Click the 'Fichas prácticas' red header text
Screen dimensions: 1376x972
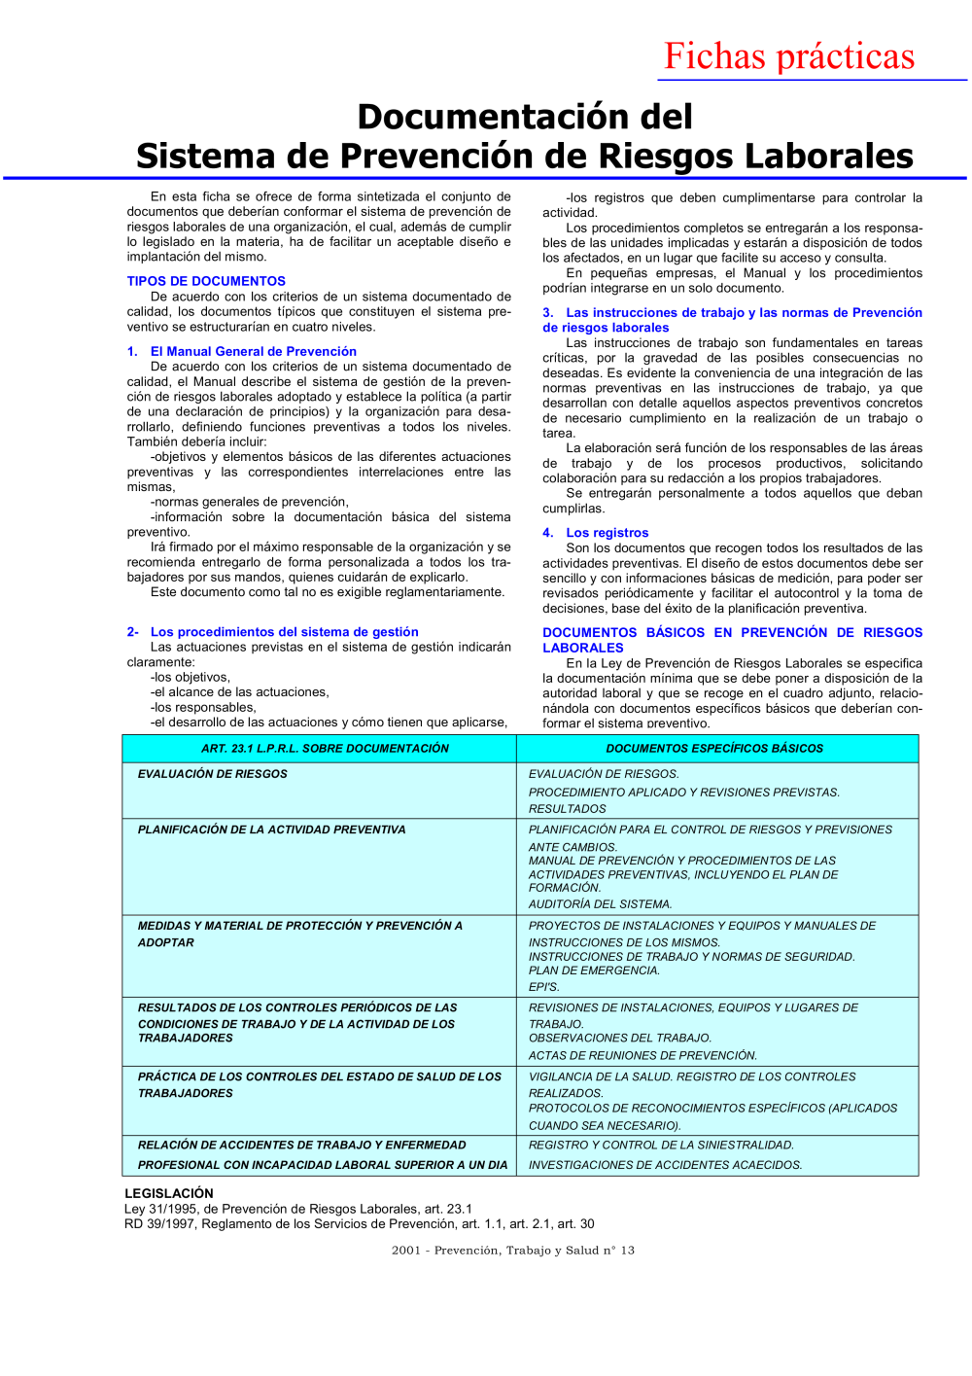pos(788,56)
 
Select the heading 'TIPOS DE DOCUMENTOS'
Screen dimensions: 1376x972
pos(206,281)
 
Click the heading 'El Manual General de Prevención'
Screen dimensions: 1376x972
pos(253,351)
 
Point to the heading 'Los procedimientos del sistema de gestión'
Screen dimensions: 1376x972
pos(284,632)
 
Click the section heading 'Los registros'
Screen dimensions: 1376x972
pos(607,533)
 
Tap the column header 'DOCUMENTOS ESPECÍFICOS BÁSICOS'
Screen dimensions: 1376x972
pos(714,749)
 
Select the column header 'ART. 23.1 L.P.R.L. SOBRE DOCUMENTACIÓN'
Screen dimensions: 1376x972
pos(325,749)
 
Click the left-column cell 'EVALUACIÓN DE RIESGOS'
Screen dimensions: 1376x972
pos(213,774)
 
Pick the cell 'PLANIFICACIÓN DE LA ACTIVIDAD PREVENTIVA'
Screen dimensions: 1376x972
pos(271,829)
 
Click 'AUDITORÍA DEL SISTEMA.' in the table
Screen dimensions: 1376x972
pos(600,904)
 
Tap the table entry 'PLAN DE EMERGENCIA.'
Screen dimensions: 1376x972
pos(594,970)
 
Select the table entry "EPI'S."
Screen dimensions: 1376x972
pos(544,987)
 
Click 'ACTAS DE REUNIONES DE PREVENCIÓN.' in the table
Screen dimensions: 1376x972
pos(642,1056)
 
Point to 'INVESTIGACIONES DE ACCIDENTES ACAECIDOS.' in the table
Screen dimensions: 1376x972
pos(665,1165)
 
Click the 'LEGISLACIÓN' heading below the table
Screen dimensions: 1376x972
pos(169,1193)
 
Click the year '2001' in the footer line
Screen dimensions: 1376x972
pos(406,1251)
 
